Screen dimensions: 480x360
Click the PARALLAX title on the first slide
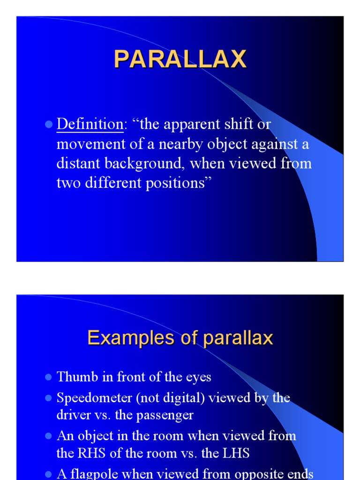(x=180, y=60)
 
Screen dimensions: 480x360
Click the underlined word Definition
(x=90, y=124)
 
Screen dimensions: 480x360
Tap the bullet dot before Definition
(x=48, y=125)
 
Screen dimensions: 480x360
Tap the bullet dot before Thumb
(x=48, y=377)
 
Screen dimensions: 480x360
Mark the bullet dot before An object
(x=48, y=436)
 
